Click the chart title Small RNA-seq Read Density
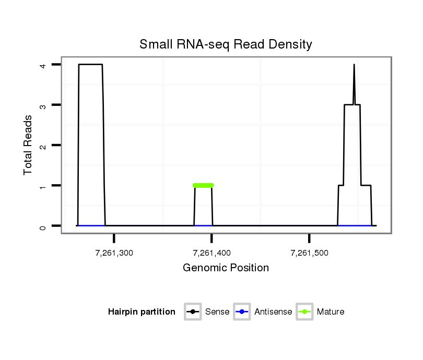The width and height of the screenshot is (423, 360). (226, 44)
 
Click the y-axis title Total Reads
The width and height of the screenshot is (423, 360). (29, 145)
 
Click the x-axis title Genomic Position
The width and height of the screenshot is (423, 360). (226, 268)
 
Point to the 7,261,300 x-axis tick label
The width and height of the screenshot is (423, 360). (114, 253)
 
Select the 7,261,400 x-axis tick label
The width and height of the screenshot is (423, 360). (211, 253)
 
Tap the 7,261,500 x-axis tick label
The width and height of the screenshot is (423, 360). (309, 253)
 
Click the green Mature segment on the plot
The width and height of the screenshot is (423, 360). (203, 185)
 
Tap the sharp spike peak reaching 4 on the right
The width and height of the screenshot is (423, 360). (354, 66)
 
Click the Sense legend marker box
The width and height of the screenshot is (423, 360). (193, 312)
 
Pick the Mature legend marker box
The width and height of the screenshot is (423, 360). (304, 312)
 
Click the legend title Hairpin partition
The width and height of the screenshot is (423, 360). (142, 312)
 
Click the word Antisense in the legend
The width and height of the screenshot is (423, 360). (273, 312)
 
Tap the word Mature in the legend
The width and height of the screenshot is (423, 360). (331, 312)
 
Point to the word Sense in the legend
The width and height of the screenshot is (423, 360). (217, 312)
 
